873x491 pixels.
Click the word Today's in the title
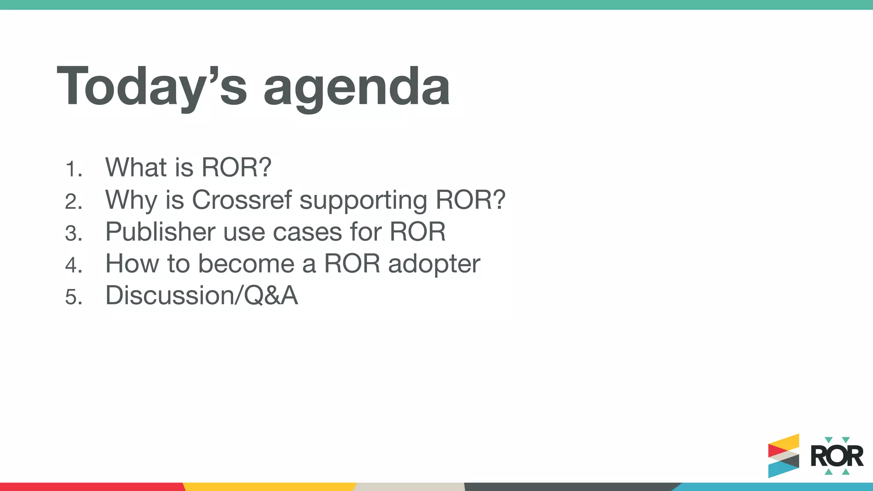151,86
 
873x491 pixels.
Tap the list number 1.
73,169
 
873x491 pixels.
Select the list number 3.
73,234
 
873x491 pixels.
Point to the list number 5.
73,297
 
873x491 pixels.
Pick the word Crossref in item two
242,199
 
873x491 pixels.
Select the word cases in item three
307,232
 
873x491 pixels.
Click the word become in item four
246,263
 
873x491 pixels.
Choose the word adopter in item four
434,264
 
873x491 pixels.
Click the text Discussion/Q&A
201,295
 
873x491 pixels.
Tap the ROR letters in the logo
836,456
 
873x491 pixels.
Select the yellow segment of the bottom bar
269,487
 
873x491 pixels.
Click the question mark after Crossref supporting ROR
497,199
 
